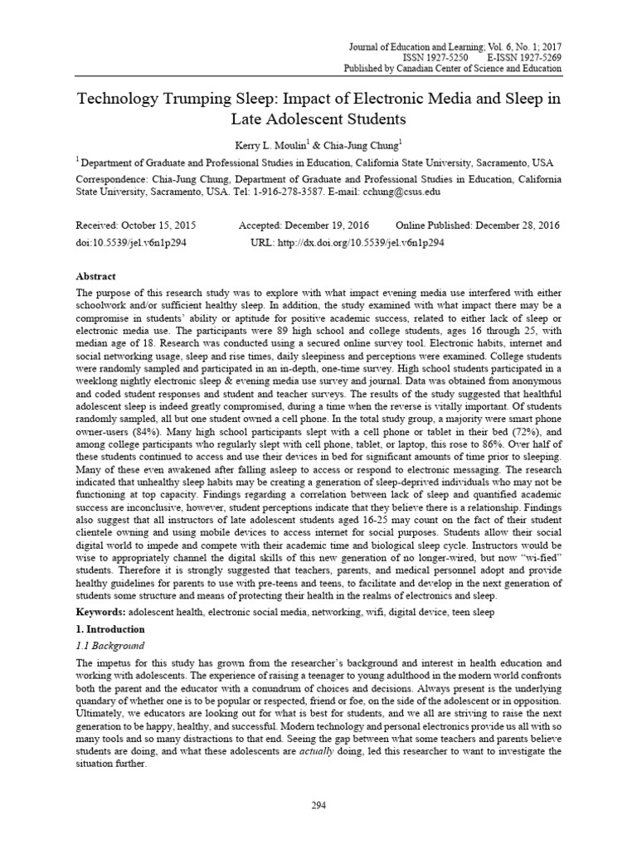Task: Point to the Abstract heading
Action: pyautogui.click(x=96, y=276)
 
